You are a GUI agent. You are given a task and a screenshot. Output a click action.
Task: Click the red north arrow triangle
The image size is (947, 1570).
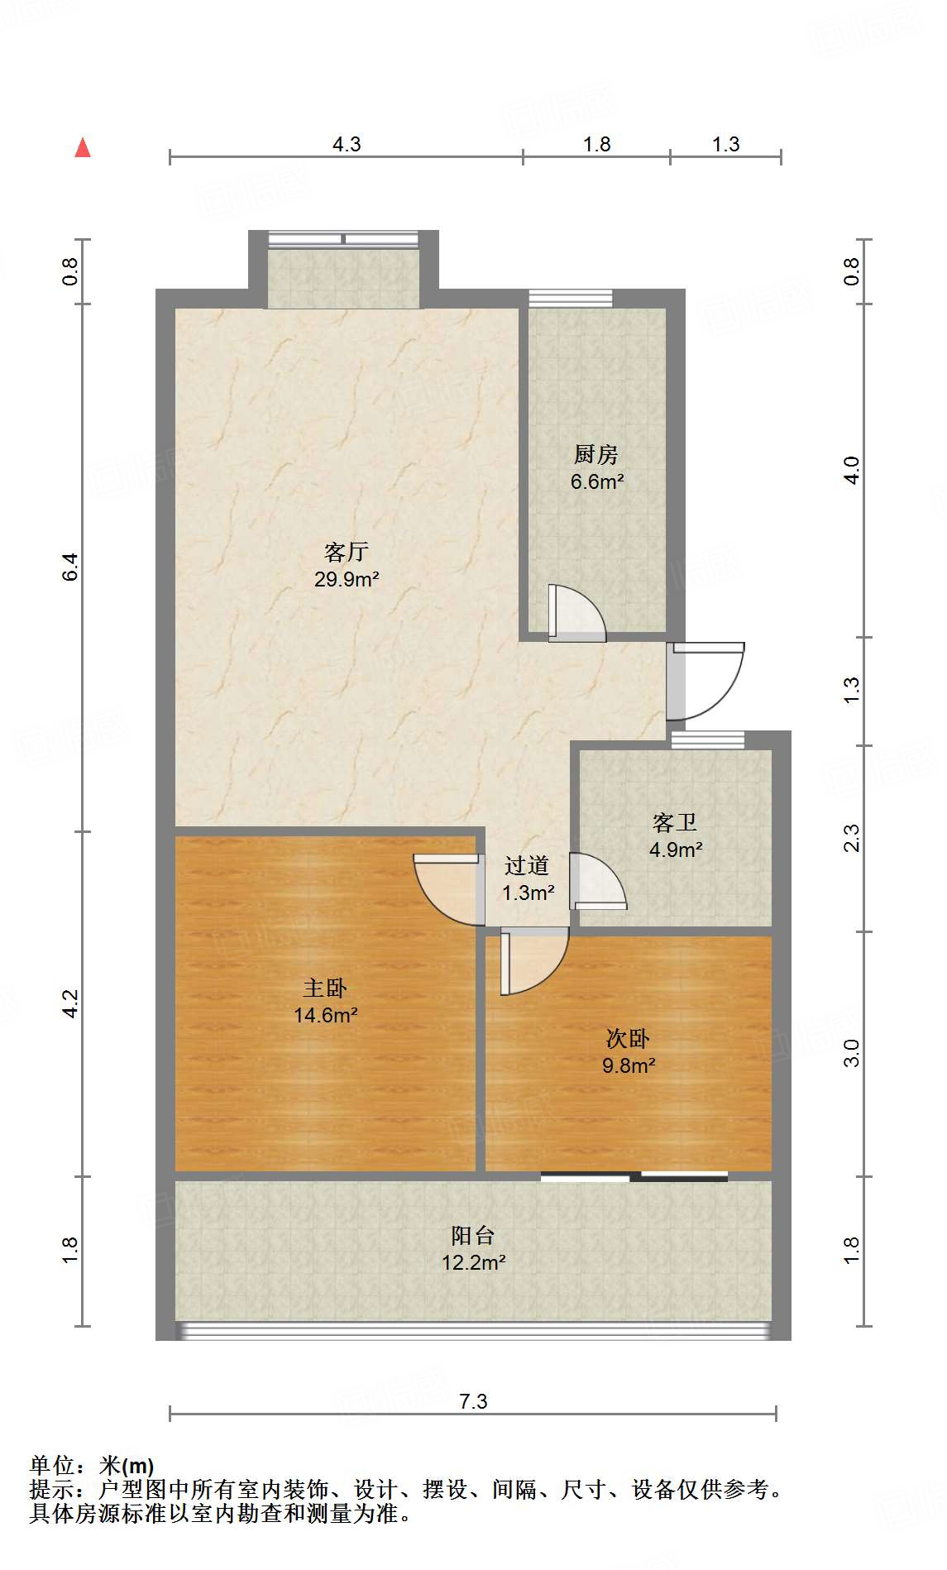pos(83,148)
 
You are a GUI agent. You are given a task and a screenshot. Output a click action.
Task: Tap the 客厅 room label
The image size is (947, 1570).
pos(346,552)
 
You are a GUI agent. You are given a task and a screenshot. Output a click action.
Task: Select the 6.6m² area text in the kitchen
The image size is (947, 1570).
pos(596,481)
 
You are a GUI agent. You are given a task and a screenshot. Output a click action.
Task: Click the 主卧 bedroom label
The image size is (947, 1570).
pos(325,988)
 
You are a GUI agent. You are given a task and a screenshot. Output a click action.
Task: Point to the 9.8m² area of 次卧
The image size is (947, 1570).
pos(629,1065)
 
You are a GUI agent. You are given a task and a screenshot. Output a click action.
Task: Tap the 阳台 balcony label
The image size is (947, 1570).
pos(473,1236)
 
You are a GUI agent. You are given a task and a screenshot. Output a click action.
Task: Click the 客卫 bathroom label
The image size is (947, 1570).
pos(675,822)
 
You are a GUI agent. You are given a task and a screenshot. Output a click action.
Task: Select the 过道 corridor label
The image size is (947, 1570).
pos(527,866)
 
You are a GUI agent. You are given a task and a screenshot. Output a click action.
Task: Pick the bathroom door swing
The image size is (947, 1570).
pos(597,882)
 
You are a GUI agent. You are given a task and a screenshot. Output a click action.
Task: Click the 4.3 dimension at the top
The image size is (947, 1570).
pos(347,145)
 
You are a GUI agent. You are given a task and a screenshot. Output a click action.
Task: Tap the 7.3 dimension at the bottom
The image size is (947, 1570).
pos(473,1401)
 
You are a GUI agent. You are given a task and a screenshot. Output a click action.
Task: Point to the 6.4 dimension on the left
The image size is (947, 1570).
pos(70,567)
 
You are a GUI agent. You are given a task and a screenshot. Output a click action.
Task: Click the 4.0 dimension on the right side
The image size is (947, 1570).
pos(852,470)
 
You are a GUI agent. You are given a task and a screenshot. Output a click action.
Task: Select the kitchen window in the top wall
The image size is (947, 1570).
pos(571,298)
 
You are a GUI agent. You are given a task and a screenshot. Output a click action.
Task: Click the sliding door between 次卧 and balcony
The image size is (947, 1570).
pos(634,1176)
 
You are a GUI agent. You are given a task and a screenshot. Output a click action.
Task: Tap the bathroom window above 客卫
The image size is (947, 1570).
pos(707,740)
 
